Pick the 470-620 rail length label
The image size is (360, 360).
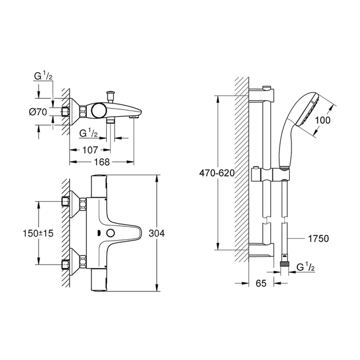[x=217, y=173]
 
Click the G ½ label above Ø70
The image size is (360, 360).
[x=43, y=75]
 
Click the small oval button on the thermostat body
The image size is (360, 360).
[x=109, y=233]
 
